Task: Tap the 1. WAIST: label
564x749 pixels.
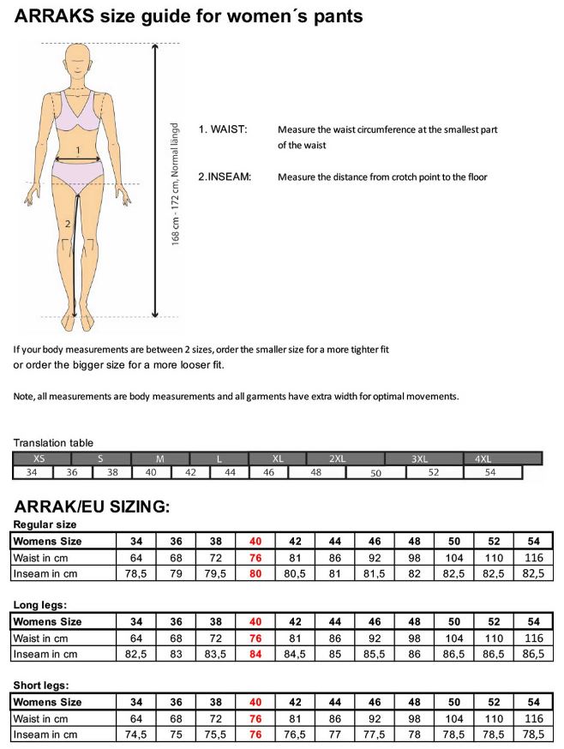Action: (223, 129)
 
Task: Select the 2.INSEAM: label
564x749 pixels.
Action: (225, 177)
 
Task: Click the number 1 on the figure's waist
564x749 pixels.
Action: (78, 151)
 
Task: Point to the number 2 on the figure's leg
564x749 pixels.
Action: (68, 225)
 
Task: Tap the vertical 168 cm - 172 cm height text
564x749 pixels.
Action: (176, 183)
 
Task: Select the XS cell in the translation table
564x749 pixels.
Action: (39, 458)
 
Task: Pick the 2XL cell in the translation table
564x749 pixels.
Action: (338, 458)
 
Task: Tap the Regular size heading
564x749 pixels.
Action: (45, 524)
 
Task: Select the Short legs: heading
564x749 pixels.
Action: (40, 686)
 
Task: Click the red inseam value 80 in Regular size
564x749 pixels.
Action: (255, 573)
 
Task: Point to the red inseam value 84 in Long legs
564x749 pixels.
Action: (255, 654)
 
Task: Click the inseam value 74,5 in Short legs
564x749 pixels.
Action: (136, 734)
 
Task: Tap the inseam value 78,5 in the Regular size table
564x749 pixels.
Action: (136, 573)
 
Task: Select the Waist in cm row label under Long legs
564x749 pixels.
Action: (40, 638)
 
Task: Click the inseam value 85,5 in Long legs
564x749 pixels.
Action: (375, 654)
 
